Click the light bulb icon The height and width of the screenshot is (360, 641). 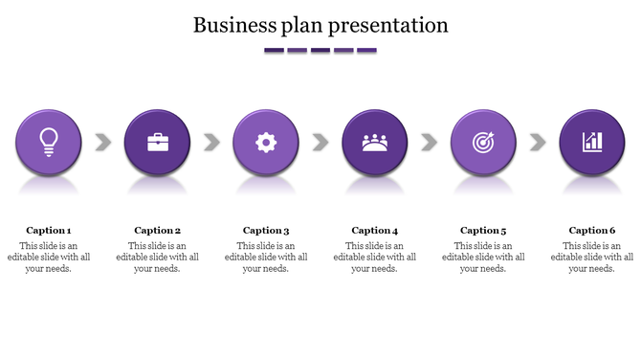49,142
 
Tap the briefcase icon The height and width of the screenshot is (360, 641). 158,143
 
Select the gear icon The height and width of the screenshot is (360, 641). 266,143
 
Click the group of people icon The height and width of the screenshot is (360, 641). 375,143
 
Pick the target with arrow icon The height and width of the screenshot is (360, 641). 483,143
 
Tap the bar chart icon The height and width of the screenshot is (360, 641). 592,143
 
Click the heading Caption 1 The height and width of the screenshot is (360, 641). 49,230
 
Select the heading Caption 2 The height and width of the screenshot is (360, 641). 158,230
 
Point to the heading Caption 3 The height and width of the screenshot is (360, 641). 266,230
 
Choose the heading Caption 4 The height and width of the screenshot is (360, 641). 375,230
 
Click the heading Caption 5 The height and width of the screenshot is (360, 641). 483,230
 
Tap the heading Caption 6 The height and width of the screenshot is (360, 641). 592,230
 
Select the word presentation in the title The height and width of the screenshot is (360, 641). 390,25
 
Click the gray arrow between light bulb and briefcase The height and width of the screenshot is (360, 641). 103,143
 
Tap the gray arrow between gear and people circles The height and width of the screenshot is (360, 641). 320,143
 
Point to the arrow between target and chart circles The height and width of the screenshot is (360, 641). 538,143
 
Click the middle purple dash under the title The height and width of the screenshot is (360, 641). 320,50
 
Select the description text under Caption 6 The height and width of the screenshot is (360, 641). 592,257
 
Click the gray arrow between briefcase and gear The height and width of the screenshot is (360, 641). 212,143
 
